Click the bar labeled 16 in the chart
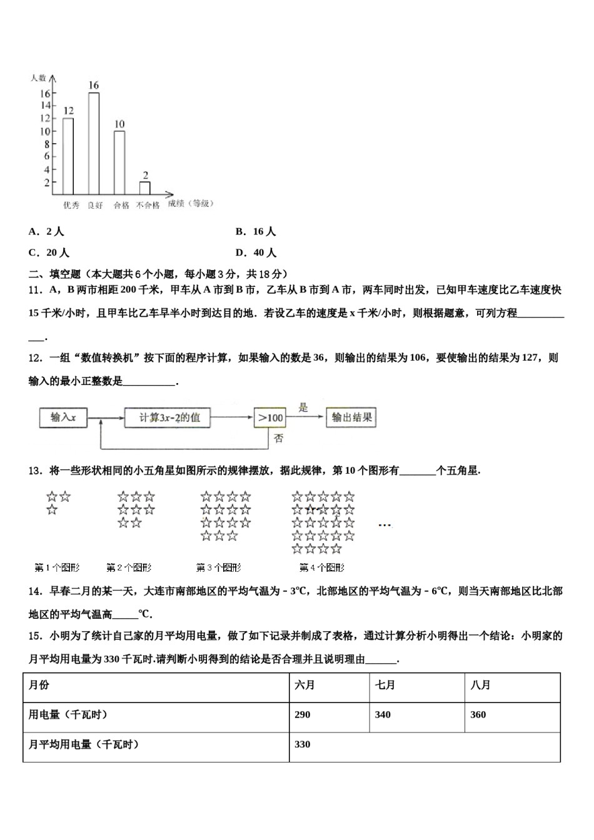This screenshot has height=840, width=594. pos(94,144)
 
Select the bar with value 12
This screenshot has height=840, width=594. pos(68,156)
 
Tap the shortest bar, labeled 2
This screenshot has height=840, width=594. pos(144,188)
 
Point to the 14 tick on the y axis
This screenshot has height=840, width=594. pos(46,106)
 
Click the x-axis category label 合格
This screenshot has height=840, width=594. pos(121,205)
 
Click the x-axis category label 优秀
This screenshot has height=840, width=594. pos(71,205)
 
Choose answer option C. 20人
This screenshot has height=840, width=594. pos(49,252)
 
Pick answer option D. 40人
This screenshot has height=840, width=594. pos(256,252)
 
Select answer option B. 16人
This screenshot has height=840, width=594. pos(256,231)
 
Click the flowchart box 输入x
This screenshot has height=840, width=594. pos(63,417)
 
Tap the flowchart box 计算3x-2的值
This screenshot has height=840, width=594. pos(167,417)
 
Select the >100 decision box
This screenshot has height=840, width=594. pos(270,417)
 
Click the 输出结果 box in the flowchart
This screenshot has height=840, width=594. pos(351,417)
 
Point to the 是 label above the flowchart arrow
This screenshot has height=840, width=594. pos(303,407)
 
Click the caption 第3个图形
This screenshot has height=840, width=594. pos(218,567)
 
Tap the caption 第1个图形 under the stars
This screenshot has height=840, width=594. pos(58,567)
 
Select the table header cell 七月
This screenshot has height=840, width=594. pos(385,685)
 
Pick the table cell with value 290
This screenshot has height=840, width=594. pos(303,714)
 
